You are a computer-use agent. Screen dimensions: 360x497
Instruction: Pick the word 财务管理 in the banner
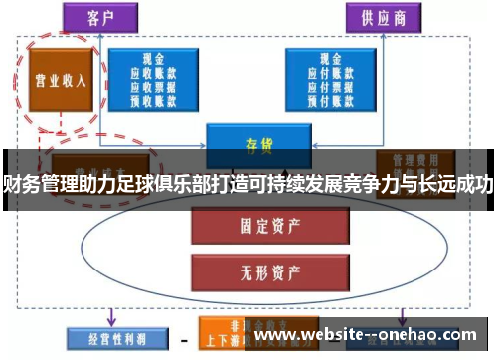click(x=34, y=181)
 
